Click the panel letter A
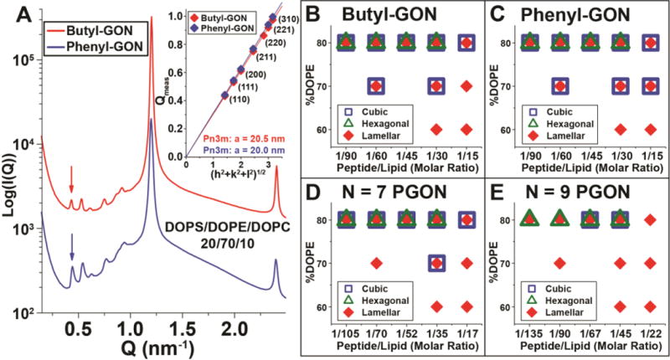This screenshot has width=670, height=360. [x=12, y=12]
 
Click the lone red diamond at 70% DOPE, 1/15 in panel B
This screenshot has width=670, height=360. [x=466, y=85]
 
